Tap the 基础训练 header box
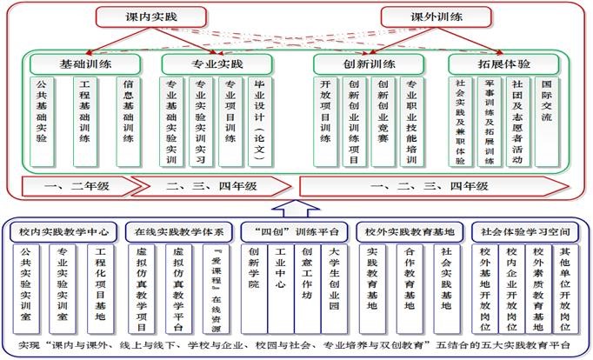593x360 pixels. [x=84, y=64]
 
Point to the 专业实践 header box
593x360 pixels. [x=217, y=64]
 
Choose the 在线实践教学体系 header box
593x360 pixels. [x=179, y=232]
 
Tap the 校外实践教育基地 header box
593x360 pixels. [x=410, y=232]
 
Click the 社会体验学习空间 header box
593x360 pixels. [x=525, y=232]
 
